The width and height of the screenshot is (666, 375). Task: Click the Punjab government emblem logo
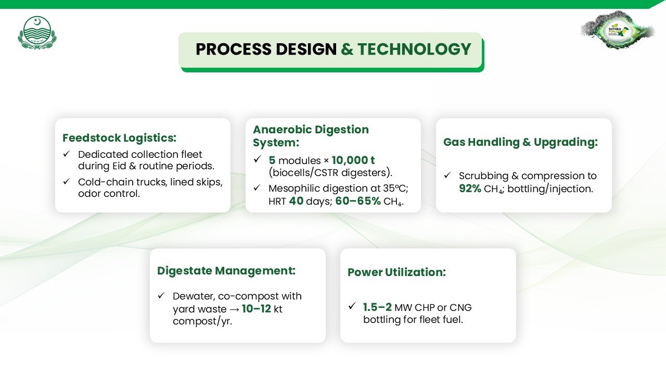(x=37, y=32)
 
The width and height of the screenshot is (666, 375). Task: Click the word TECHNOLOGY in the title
(x=414, y=49)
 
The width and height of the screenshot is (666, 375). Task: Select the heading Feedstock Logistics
(x=120, y=138)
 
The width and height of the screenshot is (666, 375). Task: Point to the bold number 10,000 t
(x=353, y=160)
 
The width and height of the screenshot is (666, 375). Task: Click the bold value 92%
(x=470, y=189)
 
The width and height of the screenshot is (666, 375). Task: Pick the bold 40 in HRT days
(x=296, y=201)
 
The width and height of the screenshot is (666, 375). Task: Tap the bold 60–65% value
(x=358, y=201)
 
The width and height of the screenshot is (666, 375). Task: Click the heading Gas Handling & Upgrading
(x=521, y=142)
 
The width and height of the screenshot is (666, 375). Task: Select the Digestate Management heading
(x=226, y=270)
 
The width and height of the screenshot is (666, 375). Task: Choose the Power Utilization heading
(x=396, y=272)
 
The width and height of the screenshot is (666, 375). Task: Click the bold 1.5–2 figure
(x=377, y=307)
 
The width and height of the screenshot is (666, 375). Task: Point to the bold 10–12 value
(x=257, y=309)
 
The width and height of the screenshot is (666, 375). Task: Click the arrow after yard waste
(x=235, y=309)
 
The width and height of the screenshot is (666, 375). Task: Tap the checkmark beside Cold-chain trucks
(x=67, y=181)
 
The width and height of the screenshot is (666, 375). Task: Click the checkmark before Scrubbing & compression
(x=447, y=175)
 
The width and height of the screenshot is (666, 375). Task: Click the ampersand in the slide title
(x=347, y=49)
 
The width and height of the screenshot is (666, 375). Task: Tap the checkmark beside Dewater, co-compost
(x=161, y=295)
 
